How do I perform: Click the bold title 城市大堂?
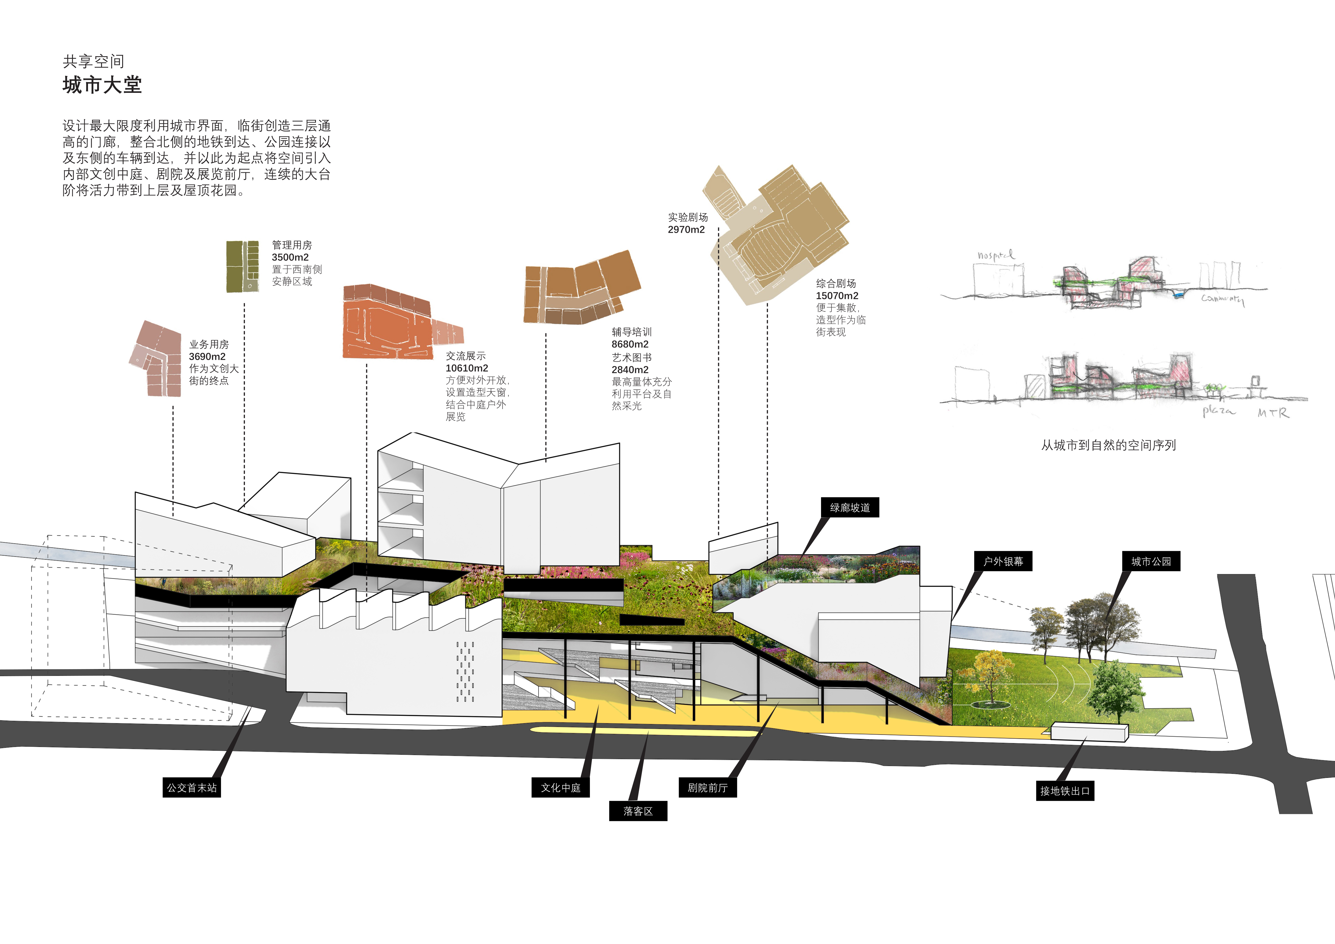point(102,86)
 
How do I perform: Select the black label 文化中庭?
point(561,788)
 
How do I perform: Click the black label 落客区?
point(638,811)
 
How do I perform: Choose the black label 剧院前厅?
point(707,788)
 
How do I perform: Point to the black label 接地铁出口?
point(1065,791)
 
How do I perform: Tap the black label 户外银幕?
point(1003,562)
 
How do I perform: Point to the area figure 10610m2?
point(467,368)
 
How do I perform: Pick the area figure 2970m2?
point(686,230)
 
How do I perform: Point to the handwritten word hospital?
point(995,255)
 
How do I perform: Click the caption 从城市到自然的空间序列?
point(1108,445)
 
